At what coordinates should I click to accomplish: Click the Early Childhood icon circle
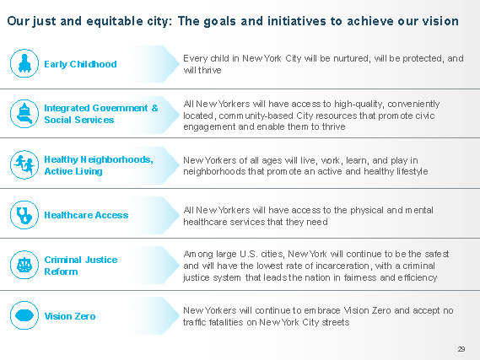pyautogui.click(x=24, y=63)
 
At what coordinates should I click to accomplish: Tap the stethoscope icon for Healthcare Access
pyautogui.click(x=24, y=215)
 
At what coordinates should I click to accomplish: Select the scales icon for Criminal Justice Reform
pyautogui.click(x=24, y=265)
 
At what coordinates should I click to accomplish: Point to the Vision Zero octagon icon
pyautogui.click(x=24, y=315)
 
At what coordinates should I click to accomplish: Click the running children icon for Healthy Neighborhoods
pyautogui.click(x=24, y=164)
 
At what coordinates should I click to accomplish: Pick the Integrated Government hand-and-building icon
pyautogui.click(x=24, y=114)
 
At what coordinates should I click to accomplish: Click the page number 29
pyautogui.click(x=461, y=349)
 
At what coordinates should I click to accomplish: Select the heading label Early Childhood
pyautogui.click(x=80, y=64)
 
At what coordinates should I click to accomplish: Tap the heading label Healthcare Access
pyautogui.click(x=86, y=215)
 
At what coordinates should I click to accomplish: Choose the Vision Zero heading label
pyautogui.click(x=70, y=316)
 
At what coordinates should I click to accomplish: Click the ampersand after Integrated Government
pyautogui.click(x=155, y=108)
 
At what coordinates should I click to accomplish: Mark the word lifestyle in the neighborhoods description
pyautogui.click(x=413, y=171)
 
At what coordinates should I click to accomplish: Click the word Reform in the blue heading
pyautogui.click(x=61, y=271)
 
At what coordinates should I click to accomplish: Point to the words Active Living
pyautogui.click(x=73, y=171)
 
